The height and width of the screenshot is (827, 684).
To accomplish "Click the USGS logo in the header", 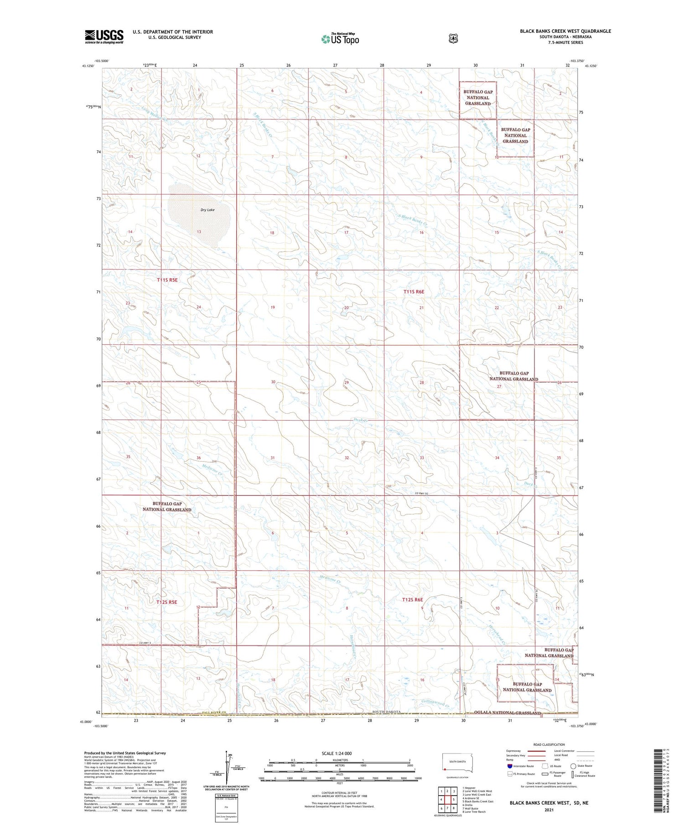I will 104,36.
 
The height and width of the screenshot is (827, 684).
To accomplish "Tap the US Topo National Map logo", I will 340,39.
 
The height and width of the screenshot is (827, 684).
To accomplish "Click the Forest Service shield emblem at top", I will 452,39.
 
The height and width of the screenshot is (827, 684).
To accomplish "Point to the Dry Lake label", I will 207,210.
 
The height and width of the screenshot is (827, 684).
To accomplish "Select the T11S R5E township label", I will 166,280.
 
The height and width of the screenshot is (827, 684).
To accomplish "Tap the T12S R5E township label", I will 166,602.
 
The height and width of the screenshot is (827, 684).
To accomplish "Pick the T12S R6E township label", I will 413,599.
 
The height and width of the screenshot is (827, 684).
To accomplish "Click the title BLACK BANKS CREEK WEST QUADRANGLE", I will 565,31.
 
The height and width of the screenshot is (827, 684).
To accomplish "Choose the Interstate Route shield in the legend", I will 510,766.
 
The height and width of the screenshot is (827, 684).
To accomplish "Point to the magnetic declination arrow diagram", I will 228,766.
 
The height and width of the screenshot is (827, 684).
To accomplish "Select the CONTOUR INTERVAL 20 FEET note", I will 339,792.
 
